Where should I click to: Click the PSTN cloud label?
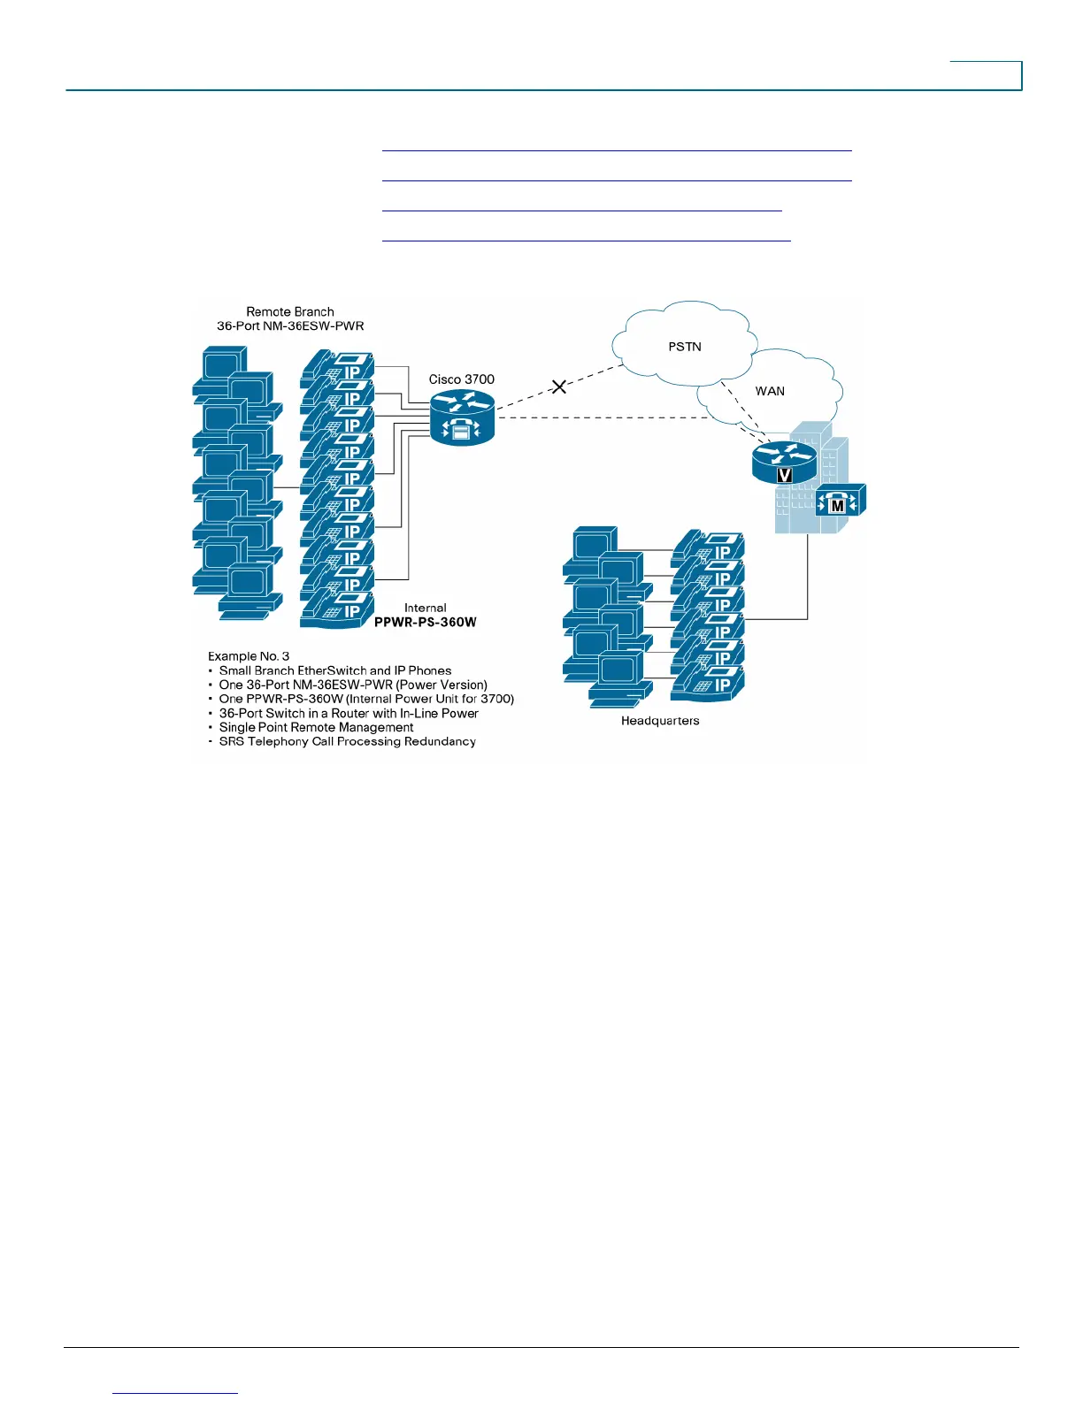click(x=685, y=347)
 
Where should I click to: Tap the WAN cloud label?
click(x=770, y=391)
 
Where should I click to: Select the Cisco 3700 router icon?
click(x=462, y=417)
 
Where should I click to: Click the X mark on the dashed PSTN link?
click(x=559, y=387)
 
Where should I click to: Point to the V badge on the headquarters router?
click(x=784, y=475)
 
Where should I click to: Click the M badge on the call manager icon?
click(x=838, y=506)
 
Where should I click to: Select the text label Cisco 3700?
click(x=462, y=379)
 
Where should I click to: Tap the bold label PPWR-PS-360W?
click(x=426, y=622)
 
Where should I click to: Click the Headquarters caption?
click(x=660, y=721)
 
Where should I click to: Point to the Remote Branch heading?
click(x=290, y=311)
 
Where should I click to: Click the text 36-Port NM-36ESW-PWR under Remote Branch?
click(x=290, y=325)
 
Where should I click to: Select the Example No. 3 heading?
click(x=249, y=656)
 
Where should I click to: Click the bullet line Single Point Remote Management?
click(x=316, y=727)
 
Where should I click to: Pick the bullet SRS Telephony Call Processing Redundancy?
click(x=347, y=741)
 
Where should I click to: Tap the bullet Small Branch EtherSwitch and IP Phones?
click(x=335, y=670)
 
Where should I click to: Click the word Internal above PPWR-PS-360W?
click(x=426, y=608)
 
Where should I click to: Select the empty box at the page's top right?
click(x=986, y=75)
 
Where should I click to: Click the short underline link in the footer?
click(x=176, y=1393)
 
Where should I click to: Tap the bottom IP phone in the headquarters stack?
click(x=708, y=684)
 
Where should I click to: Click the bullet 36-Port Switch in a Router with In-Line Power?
click(x=349, y=713)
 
